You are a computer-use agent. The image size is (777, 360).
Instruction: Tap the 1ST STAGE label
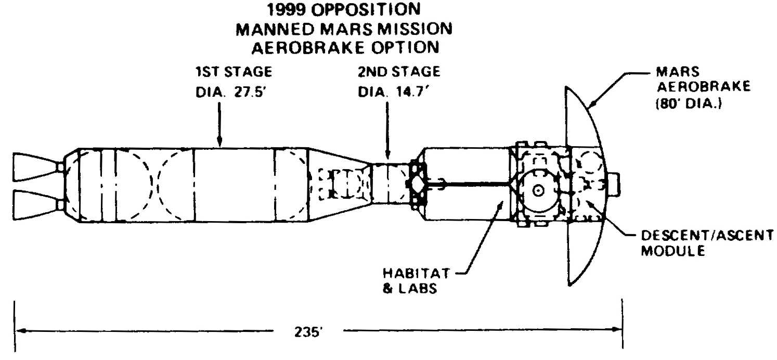tap(234, 72)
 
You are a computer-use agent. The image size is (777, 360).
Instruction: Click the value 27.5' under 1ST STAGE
tap(250, 93)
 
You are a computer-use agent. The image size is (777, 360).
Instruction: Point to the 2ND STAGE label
tap(399, 72)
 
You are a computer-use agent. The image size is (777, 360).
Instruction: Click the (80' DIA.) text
tap(689, 104)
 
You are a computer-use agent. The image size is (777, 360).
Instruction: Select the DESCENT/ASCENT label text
tap(707, 236)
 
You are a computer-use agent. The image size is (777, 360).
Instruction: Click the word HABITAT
tap(416, 273)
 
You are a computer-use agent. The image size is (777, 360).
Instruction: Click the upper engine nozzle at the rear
tap(36, 168)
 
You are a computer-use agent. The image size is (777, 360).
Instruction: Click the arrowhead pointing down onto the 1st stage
tap(219, 142)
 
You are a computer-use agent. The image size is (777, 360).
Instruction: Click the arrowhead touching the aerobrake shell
tap(594, 103)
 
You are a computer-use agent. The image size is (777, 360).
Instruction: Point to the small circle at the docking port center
tap(538, 190)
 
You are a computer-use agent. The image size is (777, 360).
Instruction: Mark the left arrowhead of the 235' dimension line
tap(21, 330)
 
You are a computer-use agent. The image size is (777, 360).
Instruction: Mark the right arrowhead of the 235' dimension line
tap(616, 329)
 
